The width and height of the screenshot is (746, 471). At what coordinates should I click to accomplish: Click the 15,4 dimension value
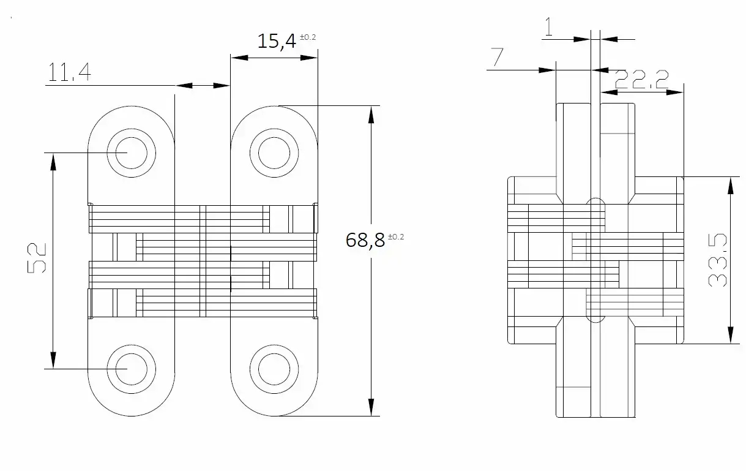[277, 41]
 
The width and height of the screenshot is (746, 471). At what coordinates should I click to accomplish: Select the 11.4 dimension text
[69, 72]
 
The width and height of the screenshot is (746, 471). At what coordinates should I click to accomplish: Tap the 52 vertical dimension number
[37, 258]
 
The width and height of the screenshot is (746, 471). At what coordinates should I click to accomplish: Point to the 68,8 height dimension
[365, 240]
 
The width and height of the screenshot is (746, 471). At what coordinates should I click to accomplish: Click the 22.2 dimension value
[641, 80]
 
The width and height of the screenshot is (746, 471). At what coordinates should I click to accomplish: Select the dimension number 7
[497, 57]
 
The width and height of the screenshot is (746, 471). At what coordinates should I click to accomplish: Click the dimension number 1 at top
[548, 27]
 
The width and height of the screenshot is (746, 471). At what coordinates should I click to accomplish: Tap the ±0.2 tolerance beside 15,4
[308, 37]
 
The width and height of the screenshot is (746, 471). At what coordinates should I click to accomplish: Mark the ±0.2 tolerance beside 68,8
[396, 236]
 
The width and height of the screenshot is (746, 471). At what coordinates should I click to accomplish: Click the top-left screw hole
[131, 153]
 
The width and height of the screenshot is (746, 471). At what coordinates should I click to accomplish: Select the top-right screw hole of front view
[274, 153]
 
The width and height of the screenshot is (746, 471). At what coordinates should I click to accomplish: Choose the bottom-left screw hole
[131, 369]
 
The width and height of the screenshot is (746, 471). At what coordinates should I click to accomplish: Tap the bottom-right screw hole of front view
[274, 369]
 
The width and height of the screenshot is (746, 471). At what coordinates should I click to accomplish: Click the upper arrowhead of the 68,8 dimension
[371, 115]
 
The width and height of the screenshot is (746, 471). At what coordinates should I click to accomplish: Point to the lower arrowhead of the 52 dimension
[53, 360]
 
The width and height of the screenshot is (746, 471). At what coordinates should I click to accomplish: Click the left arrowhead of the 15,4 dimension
[239, 58]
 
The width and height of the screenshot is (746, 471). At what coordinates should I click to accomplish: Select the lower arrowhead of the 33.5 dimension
[730, 335]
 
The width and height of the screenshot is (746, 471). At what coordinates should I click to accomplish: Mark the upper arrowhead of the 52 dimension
[53, 162]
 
